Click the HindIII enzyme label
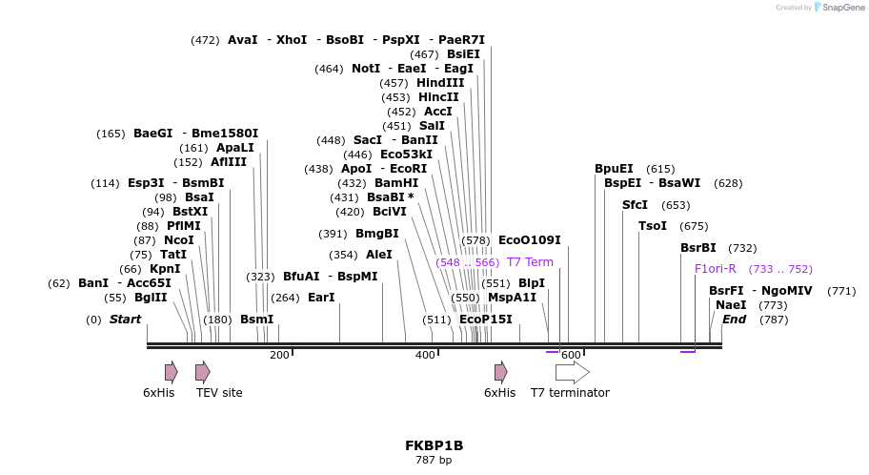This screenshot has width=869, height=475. point(440,83)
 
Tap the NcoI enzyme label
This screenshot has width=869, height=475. point(178,240)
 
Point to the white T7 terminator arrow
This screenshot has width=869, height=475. point(572,372)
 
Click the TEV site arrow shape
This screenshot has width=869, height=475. point(202,372)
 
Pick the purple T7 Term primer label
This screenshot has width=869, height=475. point(529,262)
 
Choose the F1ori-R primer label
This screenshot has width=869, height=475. point(715,269)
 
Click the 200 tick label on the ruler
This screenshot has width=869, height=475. point(279,356)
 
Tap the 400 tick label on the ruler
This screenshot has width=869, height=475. point(425,356)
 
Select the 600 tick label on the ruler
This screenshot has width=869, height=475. point(570,356)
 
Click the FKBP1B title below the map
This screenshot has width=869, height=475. point(434,445)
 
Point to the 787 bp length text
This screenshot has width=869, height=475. point(434,461)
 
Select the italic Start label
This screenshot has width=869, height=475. point(125,320)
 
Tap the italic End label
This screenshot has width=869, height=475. point(734,320)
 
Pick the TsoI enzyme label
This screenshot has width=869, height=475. point(653,226)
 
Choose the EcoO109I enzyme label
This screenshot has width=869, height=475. point(529,240)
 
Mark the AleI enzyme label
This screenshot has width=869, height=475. point(378,255)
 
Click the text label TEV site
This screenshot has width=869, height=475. point(219,393)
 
